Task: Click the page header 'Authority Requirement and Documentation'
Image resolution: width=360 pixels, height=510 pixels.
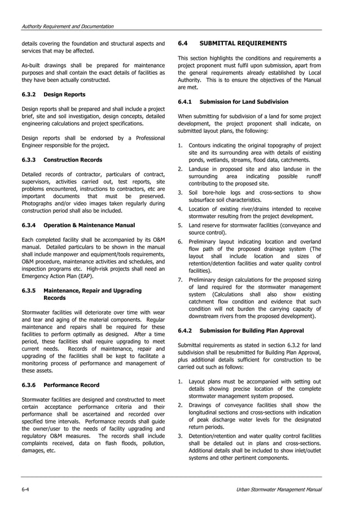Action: pyautogui.click(x=67, y=27)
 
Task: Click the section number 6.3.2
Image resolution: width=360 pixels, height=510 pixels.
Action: pyautogui.click(x=29, y=94)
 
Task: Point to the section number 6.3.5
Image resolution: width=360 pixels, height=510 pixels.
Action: pyautogui.click(x=29, y=290)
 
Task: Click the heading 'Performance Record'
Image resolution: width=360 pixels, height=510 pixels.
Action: pyautogui.click(x=71, y=385)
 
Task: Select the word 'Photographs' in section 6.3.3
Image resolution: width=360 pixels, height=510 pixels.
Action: pyautogui.click(x=38, y=203)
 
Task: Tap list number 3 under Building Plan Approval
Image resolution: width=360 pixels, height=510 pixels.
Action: pyautogui.click(x=179, y=437)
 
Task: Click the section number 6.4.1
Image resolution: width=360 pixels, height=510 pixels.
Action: pyautogui.click(x=185, y=102)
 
